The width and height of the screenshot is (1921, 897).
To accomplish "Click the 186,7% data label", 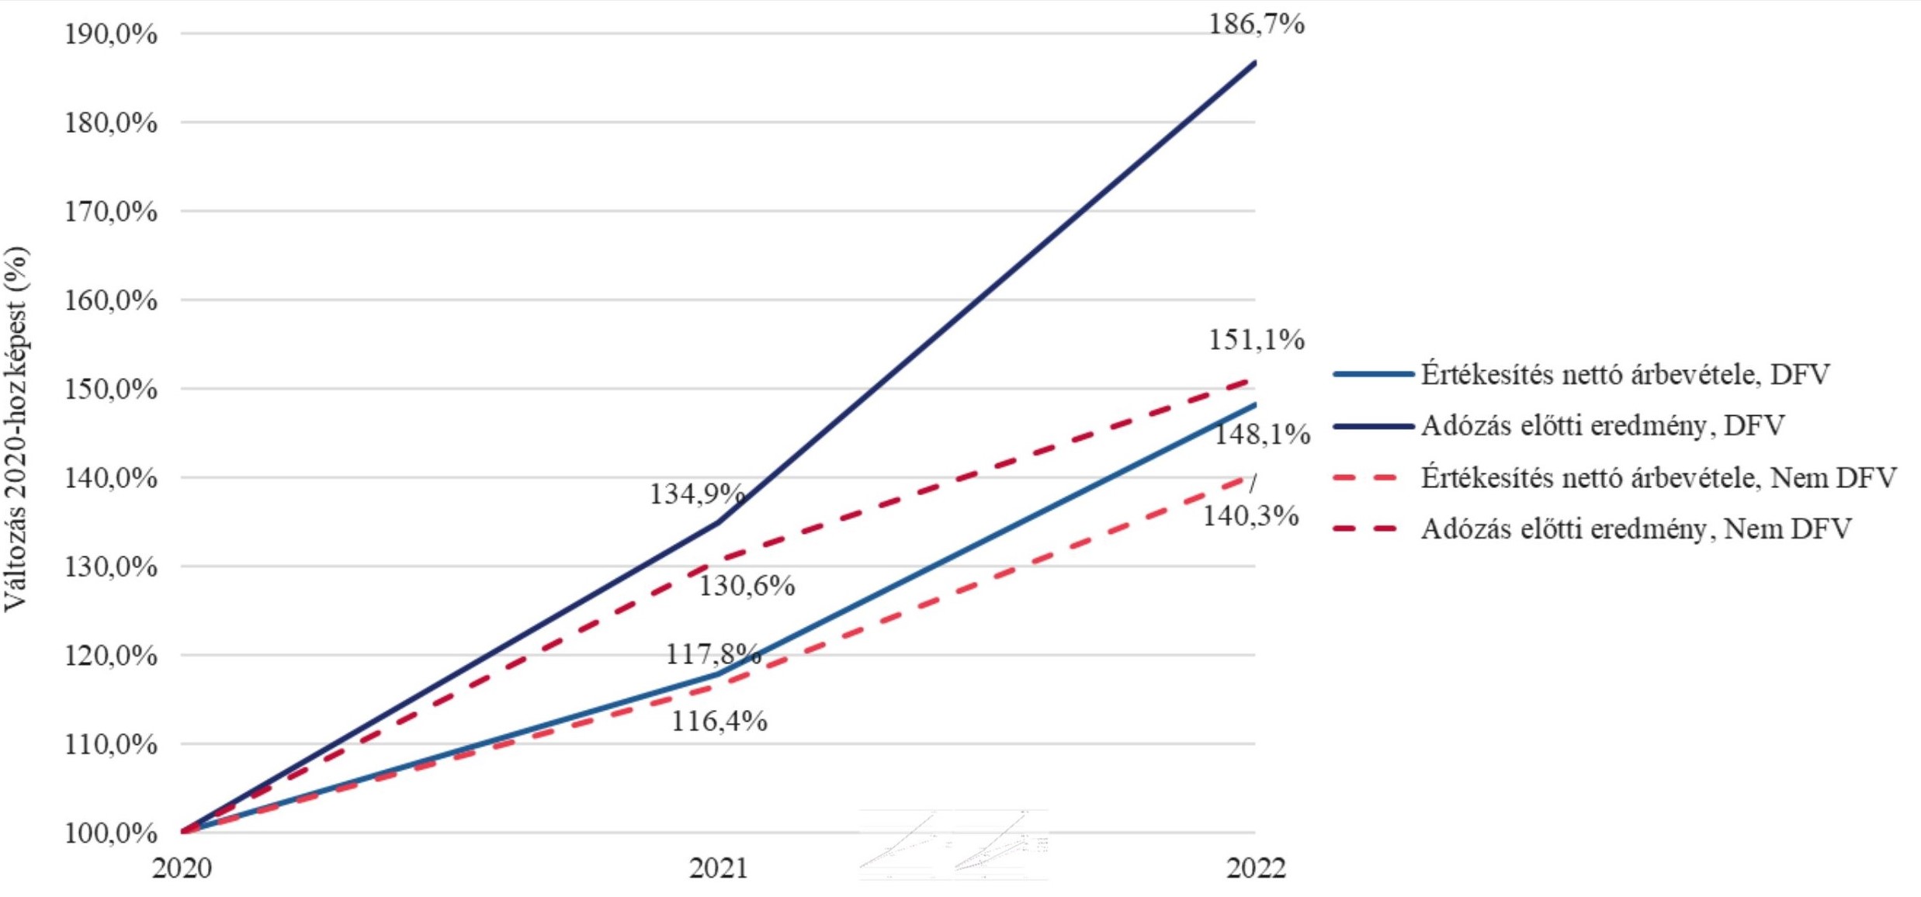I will pyautogui.click(x=1256, y=25).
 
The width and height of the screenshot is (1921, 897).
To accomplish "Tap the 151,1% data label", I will pyautogui.click(x=1256, y=340).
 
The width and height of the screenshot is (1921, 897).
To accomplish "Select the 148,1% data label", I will pyautogui.click(x=1261, y=435).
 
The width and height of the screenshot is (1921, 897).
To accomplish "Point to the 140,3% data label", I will pyautogui.click(x=1250, y=515).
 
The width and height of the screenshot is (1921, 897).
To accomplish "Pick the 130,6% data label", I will pyautogui.click(x=747, y=586).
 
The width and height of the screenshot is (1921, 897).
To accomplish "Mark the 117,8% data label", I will pyautogui.click(x=713, y=653).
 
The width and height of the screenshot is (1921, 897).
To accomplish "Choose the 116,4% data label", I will pyautogui.click(x=719, y=722).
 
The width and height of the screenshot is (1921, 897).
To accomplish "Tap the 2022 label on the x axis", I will pyautogui.click(x=1256, y=868).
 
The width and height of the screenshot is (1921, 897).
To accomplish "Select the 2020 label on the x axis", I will pyautogui.click(x=182, y=868).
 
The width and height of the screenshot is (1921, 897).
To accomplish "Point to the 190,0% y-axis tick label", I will pyautogui.click(x=110, y=34).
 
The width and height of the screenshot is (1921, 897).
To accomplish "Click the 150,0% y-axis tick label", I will pyautogui.click(x=110, y=390).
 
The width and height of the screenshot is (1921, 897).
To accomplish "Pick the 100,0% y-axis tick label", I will pyautogui.click(x=110, y=833).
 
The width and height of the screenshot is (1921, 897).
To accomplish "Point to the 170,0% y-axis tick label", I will pyautogui.click(x=110, y=212).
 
